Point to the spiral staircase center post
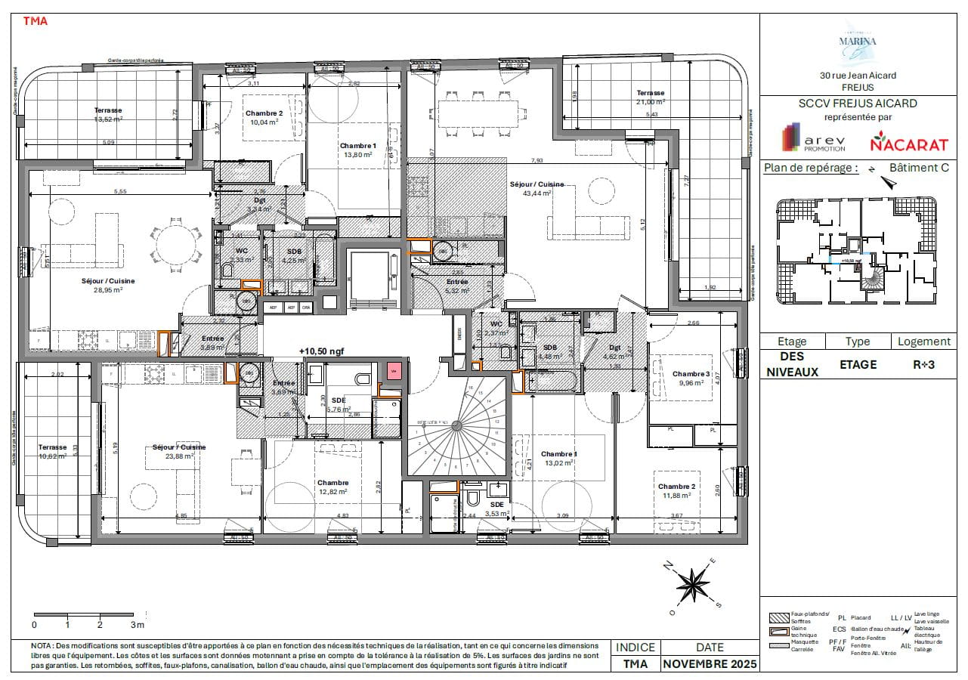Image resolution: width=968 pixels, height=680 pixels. pos(456,426)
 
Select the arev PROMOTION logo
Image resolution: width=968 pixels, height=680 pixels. pos(813,141)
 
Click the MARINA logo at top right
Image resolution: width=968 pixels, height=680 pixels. pos(858,41)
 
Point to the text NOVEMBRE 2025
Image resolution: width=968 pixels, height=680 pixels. pos(709,664)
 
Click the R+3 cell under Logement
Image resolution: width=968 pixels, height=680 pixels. pos(923,364)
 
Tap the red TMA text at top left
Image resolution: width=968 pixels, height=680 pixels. pos(36,21)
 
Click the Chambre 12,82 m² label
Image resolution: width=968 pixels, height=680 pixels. pos(332,487)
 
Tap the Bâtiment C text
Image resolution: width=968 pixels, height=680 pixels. pos(918,168)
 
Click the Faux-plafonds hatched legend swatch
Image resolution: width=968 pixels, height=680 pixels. pos(778,617)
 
